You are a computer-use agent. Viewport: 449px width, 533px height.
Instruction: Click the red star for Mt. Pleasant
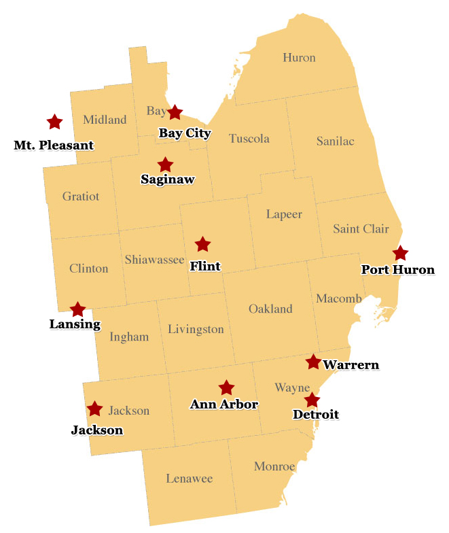[54, 122]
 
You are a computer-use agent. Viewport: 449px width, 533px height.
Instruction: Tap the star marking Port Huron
[400, 254]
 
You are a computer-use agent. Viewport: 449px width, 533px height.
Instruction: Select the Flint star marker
[202, 244]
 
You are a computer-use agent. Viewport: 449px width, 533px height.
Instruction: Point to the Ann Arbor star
[226, 388]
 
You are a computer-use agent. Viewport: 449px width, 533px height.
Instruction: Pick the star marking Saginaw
[165, 165]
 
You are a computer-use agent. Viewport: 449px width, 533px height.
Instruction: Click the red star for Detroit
[312, 400]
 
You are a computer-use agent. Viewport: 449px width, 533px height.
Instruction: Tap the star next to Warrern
[313, 362]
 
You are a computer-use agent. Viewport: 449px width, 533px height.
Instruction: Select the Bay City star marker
[175, 113]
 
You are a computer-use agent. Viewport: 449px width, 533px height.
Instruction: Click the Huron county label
[299, 58]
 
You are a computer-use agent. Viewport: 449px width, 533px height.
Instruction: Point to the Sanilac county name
[336, 141]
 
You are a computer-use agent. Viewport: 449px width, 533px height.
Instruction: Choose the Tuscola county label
[249, 139]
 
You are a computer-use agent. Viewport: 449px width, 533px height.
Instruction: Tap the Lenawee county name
[190, 479]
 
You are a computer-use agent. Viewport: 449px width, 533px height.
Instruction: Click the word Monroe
[274, 466]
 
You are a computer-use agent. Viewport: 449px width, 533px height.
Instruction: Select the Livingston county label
[196, 330]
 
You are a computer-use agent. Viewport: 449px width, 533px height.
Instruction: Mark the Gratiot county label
[81, 196]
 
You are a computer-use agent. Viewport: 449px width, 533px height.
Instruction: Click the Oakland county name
[270, 309]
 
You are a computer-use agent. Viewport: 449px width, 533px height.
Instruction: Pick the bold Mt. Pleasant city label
[54, 145]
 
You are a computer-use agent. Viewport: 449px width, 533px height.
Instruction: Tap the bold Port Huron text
[397, 270]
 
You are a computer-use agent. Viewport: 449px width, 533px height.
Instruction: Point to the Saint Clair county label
[361, 228]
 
